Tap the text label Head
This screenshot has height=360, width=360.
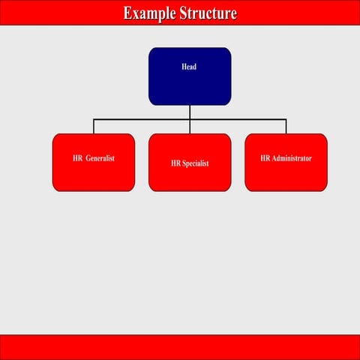(190, 67)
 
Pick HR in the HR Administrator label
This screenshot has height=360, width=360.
(265, 159)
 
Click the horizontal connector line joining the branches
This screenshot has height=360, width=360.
(142, 119)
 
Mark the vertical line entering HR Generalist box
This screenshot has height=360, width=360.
(94, 127)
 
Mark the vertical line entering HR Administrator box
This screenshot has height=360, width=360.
(286, 127)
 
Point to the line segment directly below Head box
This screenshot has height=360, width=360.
(190, 112)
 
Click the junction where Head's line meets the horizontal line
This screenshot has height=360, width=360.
(190, 119)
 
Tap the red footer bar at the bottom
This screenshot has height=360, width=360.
(180, 346)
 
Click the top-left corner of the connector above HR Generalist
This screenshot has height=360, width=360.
(94, 119)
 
